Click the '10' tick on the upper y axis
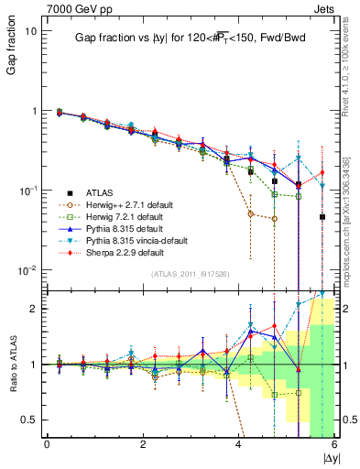31,30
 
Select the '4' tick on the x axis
238,444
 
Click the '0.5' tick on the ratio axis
28,420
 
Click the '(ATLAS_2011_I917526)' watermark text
191,274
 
